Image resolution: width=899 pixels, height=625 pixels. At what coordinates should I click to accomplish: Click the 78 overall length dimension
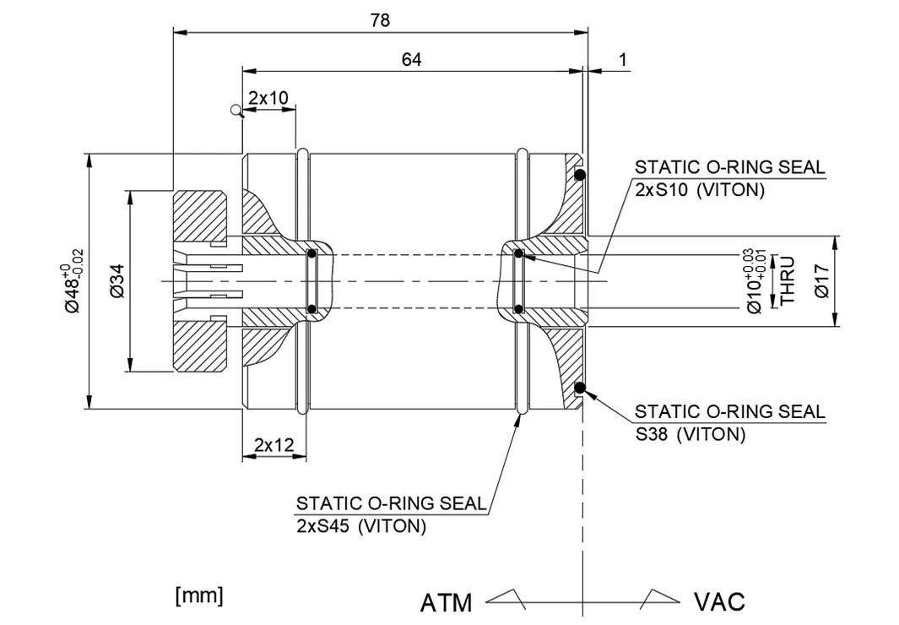(x=380, y=21)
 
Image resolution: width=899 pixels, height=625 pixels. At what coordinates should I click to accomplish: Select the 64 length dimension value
(x=411, y=59)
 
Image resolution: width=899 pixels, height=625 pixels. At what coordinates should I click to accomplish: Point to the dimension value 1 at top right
(x=623, y=59)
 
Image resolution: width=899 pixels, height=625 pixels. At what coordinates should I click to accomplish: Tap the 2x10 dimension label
(x=268, y=98)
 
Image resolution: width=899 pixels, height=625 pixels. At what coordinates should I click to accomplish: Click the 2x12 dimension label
(x=273, y=444)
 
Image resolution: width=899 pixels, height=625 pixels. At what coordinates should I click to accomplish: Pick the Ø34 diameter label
(x=117, y=280)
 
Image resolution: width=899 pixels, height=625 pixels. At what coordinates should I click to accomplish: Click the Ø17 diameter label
(x=822, y=280)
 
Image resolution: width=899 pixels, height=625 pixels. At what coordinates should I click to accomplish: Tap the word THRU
(x=788, y=280)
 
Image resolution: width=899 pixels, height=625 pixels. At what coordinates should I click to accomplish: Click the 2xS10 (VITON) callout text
(x=699, y=190)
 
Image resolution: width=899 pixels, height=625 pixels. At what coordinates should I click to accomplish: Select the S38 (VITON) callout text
(x=690, y=435)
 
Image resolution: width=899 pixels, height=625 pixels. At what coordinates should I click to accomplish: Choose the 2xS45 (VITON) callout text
(x=360, y=526)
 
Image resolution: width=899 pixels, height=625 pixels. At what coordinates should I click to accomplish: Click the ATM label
(x=446, y=602)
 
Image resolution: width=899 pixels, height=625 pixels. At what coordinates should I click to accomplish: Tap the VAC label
(x=719, y=601)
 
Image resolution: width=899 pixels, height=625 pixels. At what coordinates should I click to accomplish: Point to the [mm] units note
(x=199, y=595)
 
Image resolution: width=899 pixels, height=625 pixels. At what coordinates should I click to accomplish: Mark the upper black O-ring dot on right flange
(x=581, y=175)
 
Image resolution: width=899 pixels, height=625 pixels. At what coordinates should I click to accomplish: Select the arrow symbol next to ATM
(x=506, y=598)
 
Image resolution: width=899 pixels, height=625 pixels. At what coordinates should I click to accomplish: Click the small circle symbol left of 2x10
(x=236, y=109)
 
